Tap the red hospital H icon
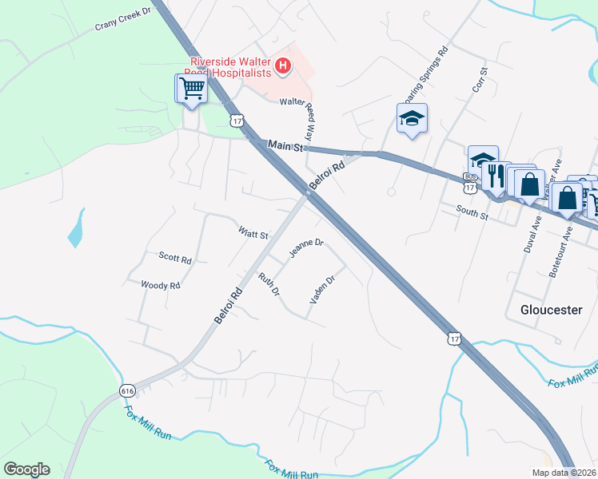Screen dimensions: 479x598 [x=282, y=67]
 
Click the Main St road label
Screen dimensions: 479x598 [x=288, y=146]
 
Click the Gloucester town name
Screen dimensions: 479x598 [x=551, y=309]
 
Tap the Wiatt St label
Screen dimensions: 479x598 [x=253, y=233]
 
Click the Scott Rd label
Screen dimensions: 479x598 [x=175, y=259]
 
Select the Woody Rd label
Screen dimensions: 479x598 [x=160, y=285]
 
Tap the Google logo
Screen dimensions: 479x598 [x=26, y=469]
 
